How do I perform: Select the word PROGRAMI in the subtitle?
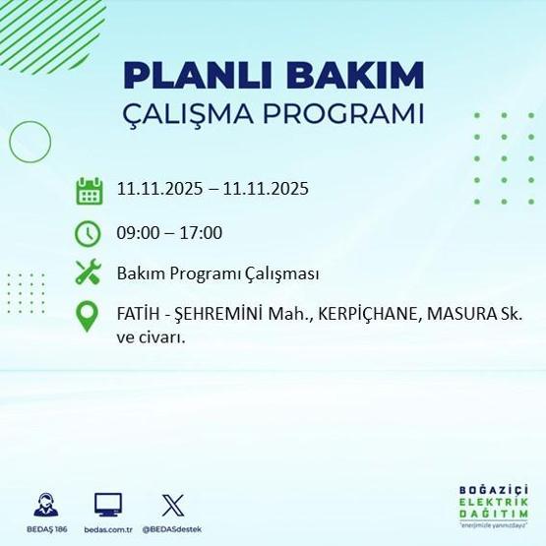click(352, 112)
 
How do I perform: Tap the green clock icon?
click(90, 233)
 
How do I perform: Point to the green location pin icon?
click(90, 316)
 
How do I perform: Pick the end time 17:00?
click(201, 233)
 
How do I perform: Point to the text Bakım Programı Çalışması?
click(217, 273)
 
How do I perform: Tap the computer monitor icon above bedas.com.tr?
click(108, 505)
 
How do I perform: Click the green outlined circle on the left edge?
click(30, 142)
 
